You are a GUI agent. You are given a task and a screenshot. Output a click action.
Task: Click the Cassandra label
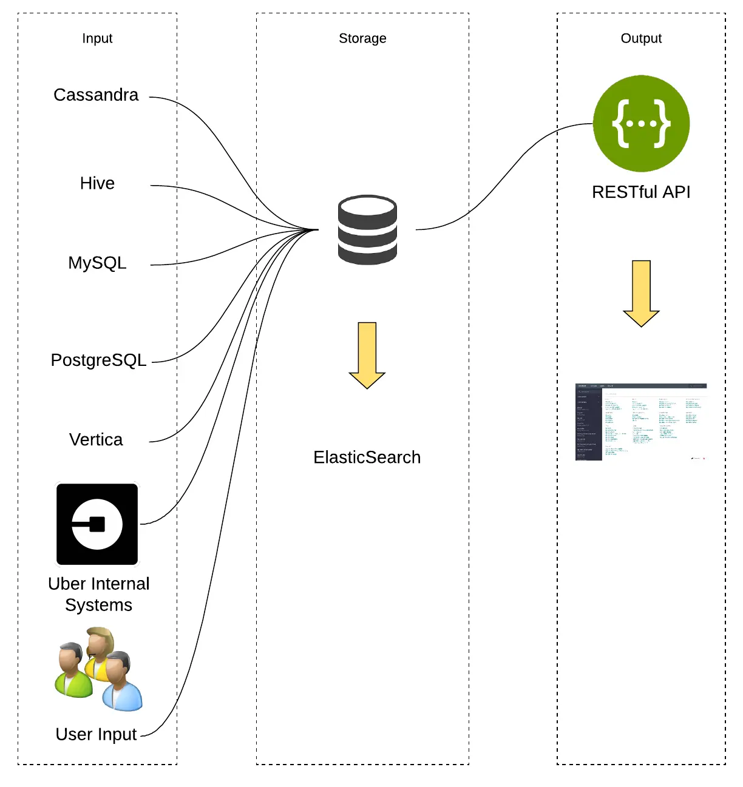96,95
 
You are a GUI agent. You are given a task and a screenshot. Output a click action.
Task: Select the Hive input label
97,183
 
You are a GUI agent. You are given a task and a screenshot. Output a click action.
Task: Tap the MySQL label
97,263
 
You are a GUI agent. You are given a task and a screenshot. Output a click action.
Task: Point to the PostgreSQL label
98,360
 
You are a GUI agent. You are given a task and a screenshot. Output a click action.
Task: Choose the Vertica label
96,440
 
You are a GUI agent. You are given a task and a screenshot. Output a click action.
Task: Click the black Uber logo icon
97,524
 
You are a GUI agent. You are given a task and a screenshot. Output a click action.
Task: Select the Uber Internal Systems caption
98,595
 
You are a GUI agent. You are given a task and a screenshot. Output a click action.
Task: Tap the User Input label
96,735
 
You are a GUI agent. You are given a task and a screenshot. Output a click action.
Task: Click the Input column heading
97,38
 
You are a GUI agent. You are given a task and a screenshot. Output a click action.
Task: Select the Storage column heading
362,38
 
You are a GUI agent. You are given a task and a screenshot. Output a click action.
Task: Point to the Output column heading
641,38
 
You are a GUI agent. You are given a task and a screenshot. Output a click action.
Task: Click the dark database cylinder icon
367,229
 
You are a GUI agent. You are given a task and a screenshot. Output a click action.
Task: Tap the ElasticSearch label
367,458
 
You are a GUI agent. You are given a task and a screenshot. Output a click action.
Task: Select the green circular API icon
641,124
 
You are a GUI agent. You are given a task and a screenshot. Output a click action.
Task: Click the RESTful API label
641,192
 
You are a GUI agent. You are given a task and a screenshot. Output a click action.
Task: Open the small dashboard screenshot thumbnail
641,422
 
